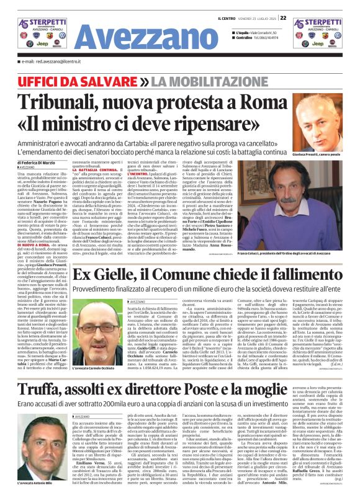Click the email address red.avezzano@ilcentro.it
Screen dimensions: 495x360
tap(53, 62)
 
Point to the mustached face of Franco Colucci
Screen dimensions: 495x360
tap(298, 195)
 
